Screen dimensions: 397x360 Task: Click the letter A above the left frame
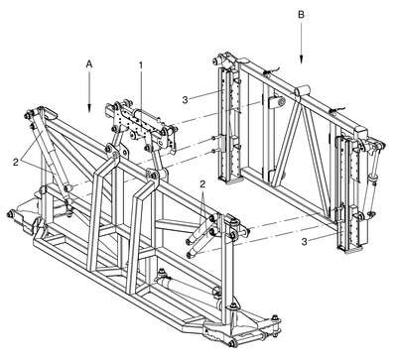coord(88,64)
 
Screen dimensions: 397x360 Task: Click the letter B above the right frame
coord(302,15)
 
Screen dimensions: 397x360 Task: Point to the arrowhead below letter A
coord(89,107)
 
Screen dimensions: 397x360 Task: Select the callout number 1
coord(141,66)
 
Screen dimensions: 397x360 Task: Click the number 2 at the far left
coord(16,162)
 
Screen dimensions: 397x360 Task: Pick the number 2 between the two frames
coord(202,184)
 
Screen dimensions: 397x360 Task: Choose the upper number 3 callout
coord(186,99)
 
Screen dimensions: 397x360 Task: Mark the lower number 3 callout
coord(304,242)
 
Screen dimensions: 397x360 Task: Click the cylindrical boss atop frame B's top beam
coord(302,90)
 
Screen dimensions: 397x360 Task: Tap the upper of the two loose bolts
coord(214,138)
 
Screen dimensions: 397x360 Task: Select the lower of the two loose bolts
coord(214,151)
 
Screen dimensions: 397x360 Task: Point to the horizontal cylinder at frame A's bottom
coord(186,284)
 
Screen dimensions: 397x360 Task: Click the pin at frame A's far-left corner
coord(11,214)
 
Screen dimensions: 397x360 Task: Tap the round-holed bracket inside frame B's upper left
coord(276,102)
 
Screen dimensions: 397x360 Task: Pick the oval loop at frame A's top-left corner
coord(49,113)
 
